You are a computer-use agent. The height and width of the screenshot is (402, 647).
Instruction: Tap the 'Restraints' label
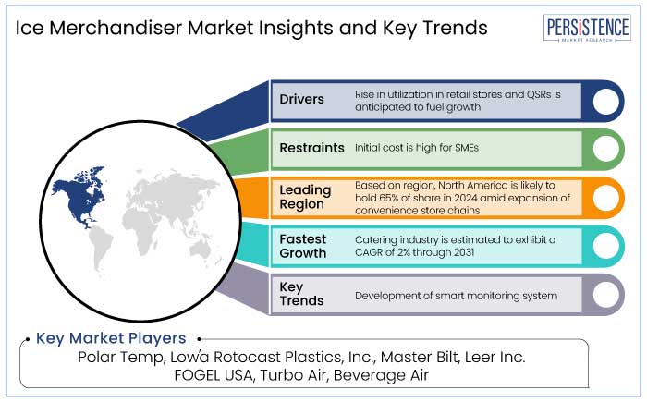pos(311,148)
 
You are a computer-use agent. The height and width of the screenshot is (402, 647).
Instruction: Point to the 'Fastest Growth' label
pos(303,246)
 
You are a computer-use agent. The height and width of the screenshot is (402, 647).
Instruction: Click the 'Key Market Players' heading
pos(111,338)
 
